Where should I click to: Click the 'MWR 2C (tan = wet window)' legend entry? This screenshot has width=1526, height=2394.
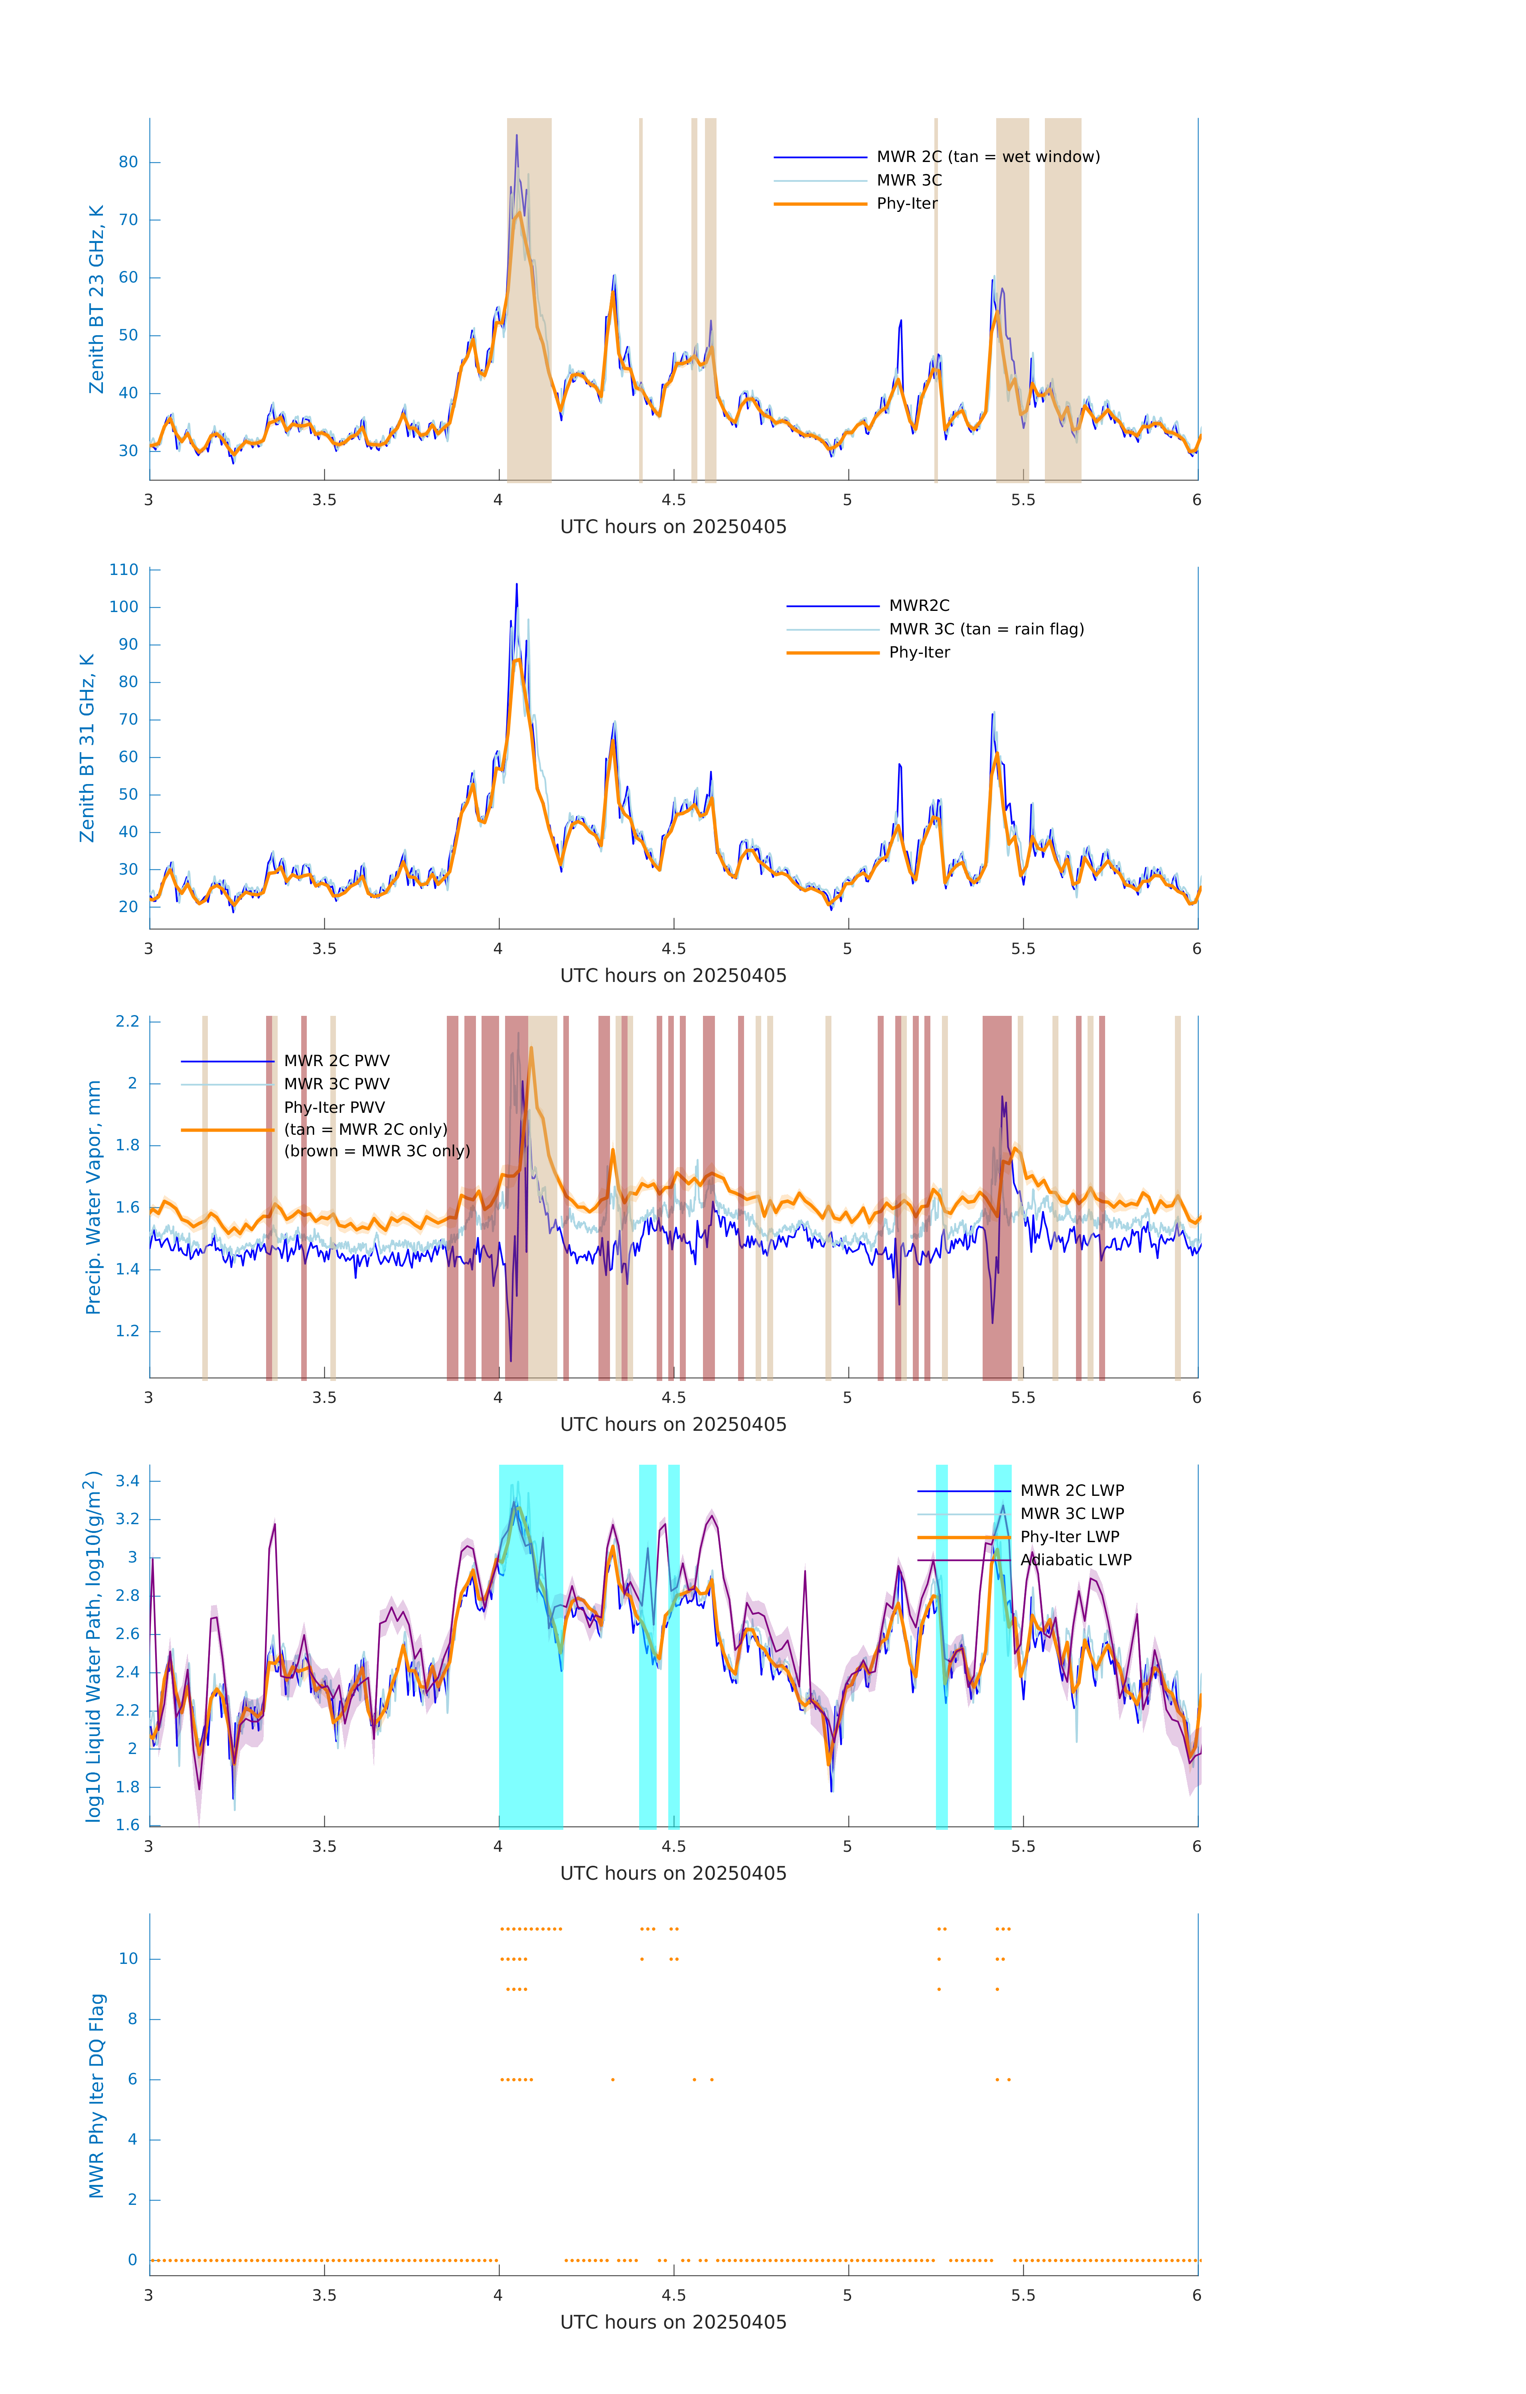tap(987, 157)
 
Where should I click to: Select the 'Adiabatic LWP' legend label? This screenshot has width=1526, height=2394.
tap(1076, 1560)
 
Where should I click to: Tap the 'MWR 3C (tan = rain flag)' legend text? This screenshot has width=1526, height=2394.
tap(986, 629)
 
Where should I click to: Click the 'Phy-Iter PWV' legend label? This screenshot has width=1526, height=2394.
tap(334, 1108)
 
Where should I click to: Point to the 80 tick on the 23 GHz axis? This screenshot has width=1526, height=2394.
tap(128, 162)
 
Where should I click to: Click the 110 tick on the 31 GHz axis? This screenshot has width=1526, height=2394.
tap(124, 570)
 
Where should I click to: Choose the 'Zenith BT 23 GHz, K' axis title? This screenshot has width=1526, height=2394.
tap(97, 299)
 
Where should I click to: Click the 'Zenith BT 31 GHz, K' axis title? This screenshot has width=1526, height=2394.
tap(87, 748)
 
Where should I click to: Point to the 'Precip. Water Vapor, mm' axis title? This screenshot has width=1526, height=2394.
tap(93, 1197)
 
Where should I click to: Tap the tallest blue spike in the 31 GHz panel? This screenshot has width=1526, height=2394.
tap(516, 585)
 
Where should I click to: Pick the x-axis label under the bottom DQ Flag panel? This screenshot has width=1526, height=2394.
tap(673, 2323)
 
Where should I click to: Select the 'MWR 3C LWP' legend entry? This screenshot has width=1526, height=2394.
tap(1072, 1513)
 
